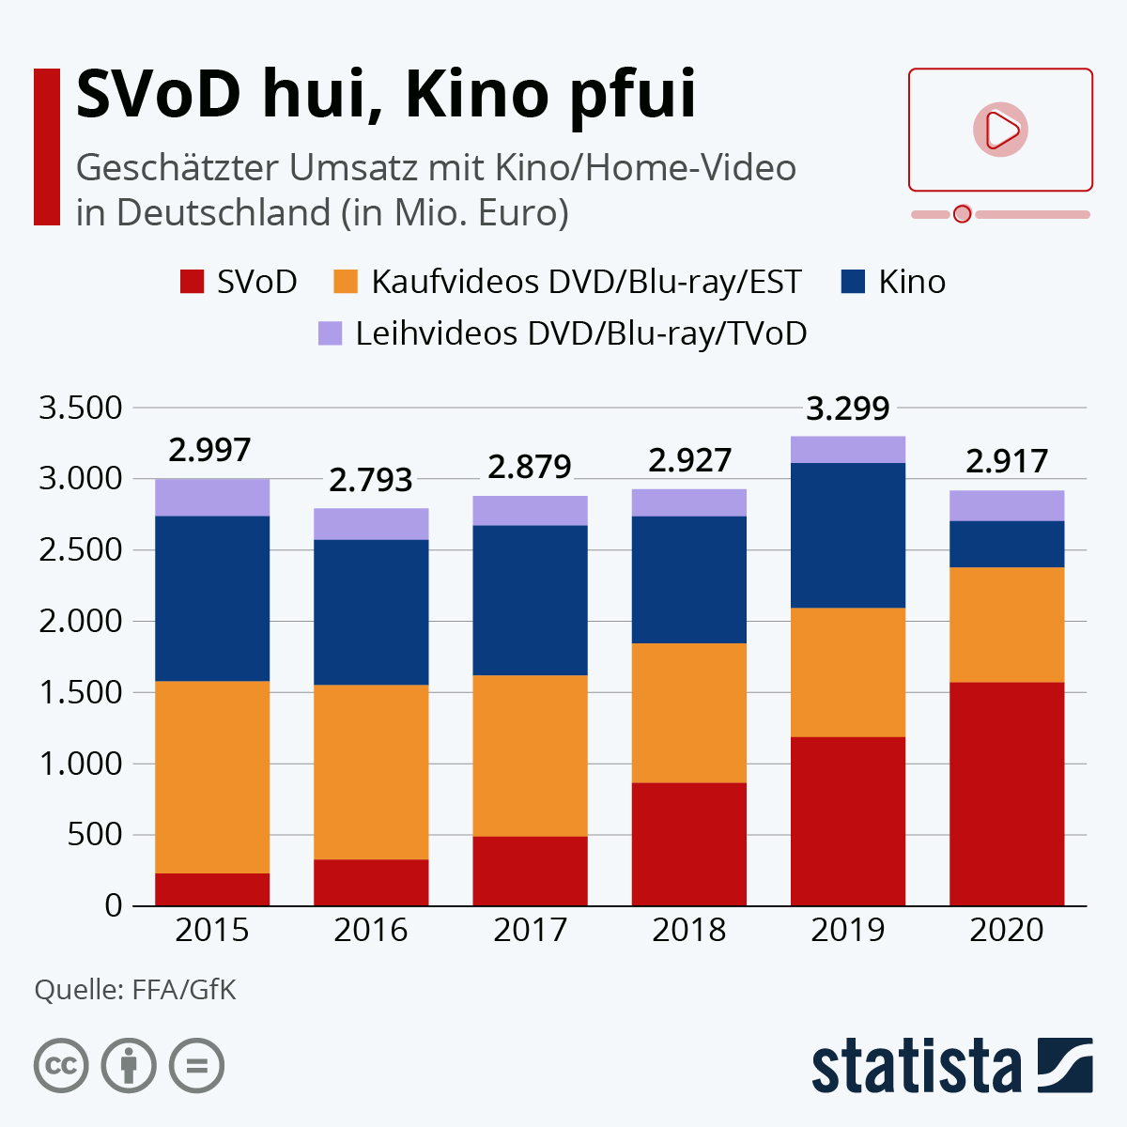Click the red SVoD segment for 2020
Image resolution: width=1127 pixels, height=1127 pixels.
point(1007,794)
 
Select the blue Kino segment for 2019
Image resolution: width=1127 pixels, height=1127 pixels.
point(848,535)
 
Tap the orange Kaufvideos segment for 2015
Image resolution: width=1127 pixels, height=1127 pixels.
point(212,777)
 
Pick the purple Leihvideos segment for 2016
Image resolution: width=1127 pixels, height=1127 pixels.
point(371,524)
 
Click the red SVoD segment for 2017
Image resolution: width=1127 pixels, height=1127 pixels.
point(530,871)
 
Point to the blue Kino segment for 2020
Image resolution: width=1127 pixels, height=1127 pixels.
point(1007,544)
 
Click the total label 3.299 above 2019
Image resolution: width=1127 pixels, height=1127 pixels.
point(848,409)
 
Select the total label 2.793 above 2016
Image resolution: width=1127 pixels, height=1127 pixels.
point(371,480)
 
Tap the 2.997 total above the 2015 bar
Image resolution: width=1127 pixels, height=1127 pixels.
point(210,450)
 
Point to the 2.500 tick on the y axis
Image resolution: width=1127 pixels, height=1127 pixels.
point(81,549)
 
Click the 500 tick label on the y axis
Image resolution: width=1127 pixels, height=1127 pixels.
point(95,834)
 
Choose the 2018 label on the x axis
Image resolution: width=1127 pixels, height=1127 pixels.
point(688,930)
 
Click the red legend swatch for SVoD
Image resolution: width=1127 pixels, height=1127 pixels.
point(192,282)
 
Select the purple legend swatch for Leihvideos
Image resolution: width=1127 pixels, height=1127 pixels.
point(330,333)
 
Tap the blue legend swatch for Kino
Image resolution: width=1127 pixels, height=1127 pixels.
point(853,282)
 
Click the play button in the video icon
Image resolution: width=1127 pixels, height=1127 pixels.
point(1000,130)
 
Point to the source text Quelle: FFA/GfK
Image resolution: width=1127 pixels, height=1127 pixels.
point(135,989)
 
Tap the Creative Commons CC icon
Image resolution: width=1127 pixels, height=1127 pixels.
point(61,1066)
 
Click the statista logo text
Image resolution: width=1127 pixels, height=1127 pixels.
point(916,1067)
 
